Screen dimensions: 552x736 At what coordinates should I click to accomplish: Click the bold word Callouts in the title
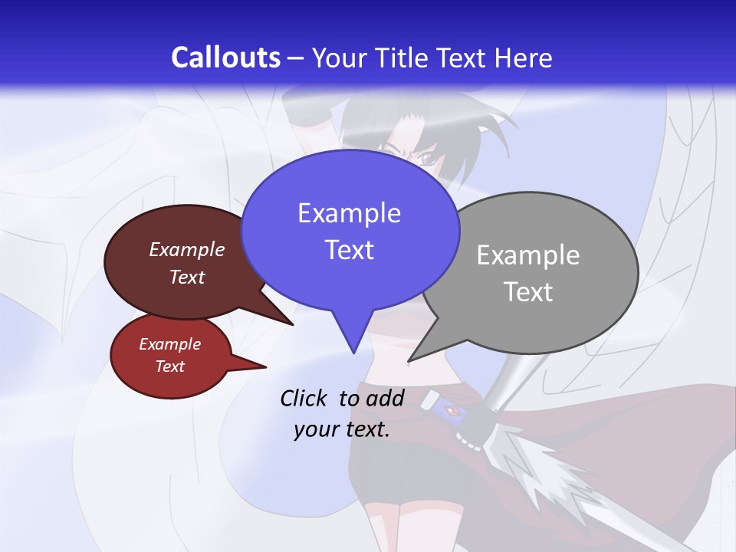point(225,58)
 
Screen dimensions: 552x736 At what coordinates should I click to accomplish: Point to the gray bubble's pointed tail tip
point(409,360)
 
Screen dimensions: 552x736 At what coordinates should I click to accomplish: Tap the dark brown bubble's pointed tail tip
point(292,324)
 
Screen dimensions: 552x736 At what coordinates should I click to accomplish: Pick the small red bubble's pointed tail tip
point(265,366)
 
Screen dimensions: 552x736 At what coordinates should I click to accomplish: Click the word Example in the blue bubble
point(349,213)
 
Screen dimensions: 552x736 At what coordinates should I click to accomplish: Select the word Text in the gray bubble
point(529,292)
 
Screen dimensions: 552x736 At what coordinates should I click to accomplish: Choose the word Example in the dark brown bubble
point(187,249)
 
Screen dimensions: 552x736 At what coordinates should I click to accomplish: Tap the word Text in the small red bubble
point(170,366)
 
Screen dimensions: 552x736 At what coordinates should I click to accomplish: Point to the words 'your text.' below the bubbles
point(342,429)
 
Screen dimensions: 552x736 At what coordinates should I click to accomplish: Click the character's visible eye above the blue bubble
point(426,158)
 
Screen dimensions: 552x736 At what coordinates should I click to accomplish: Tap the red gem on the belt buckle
point(454,412)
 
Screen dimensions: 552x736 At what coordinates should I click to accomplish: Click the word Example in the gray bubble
point(528,255)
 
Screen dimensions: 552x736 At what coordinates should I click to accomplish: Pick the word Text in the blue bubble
point(349,250)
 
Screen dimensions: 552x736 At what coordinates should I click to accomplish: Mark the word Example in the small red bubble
point(170,344)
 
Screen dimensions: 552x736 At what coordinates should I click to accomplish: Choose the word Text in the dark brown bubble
point(187,277)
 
